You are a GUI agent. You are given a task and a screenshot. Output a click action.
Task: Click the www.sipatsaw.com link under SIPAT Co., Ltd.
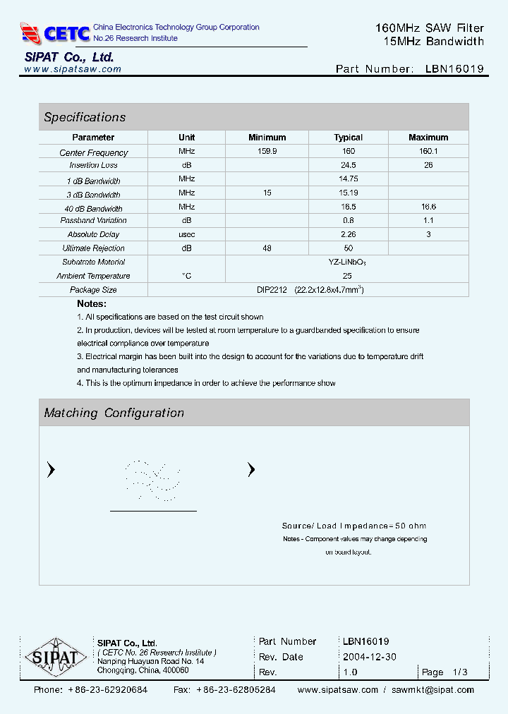coord(73,69)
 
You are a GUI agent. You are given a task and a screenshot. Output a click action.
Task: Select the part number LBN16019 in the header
coord(454,69)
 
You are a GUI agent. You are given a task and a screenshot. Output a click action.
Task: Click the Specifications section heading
coord(85,117)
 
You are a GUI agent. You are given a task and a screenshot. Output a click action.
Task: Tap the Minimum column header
coord(267,138)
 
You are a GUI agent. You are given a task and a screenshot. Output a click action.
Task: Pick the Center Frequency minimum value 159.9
coord(267,152)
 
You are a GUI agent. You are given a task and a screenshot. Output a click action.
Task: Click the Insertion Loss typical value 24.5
coord(348,165)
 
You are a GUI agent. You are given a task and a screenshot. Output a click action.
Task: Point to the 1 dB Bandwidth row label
coord(93,181)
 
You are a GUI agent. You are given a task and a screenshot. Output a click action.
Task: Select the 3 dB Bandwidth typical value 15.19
coord(348,193)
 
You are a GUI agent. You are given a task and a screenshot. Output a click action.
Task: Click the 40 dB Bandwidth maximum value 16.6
coord(428,207)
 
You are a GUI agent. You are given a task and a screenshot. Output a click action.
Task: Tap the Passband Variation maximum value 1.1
coord(428,221)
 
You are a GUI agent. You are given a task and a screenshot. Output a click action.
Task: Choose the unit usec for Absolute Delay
coord(186,234)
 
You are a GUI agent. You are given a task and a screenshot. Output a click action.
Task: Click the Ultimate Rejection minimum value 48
coord(267,248)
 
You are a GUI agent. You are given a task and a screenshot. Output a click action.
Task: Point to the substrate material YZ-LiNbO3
coord(347,262)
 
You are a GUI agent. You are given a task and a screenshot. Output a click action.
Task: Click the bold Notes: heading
coord(92,304)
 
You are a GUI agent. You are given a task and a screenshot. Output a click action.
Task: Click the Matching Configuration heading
coord(114,413)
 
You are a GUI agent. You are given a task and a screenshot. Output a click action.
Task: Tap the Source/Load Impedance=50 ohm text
coord(354,526)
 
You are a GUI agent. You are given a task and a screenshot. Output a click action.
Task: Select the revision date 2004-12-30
coord(370,657)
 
